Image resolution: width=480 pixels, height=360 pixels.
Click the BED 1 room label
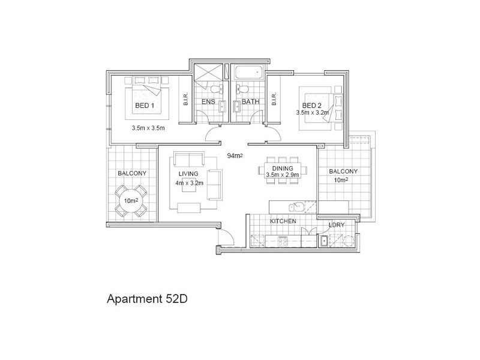(x=145, y=106)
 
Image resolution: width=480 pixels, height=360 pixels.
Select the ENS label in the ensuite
(x=208, y=102)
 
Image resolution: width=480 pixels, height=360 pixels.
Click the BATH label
(x=250, y=102)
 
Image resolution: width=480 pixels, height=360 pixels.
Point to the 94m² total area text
(x=235, y=155)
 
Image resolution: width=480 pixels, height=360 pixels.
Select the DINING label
(x=282, y=169)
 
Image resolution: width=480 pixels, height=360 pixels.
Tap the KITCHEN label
(x=283, y=221)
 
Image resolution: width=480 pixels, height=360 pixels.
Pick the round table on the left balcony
(x=130, y=201)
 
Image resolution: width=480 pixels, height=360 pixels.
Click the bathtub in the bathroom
(x=248, y=74)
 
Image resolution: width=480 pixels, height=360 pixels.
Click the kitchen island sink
(x=295, y=206)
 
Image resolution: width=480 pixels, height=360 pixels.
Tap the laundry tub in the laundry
(x=324, y=241)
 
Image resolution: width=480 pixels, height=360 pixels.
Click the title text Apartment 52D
(x=148, y=298)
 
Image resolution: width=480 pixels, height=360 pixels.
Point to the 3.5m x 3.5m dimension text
(x=148, y=128)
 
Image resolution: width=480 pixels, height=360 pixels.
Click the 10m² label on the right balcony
(x=341, y=180)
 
